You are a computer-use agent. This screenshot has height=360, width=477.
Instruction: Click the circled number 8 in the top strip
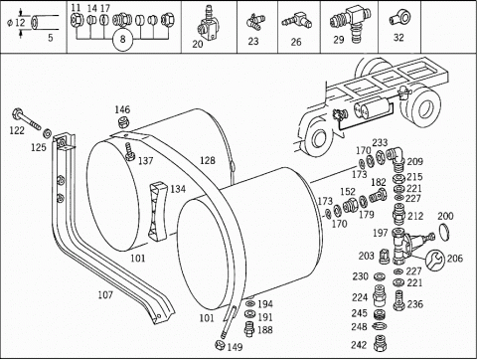[x=122, y=39]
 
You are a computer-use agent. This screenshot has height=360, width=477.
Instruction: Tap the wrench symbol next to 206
[x=435, y=260]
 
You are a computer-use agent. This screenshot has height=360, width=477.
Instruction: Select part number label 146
[x=122, y=109]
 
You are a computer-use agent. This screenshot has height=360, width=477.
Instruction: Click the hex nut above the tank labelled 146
[x=123, y=122]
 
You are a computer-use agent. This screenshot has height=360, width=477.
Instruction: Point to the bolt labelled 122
[x=26, y=119]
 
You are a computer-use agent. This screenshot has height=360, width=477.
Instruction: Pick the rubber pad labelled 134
[x=157, y=212]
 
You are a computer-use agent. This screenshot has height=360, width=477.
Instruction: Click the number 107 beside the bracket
[x=105, y=294]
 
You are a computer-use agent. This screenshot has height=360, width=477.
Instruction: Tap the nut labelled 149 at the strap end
[x=220, y=344]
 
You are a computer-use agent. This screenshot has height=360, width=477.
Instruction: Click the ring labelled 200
[x=444, y=231]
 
